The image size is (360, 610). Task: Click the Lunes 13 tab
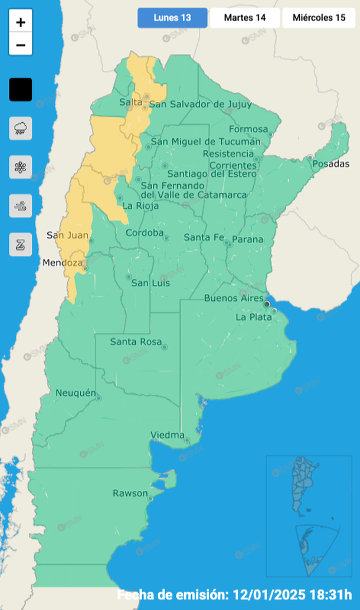(172, 18)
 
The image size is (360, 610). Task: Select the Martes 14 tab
(245, 18)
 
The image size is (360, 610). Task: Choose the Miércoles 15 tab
(319, 18)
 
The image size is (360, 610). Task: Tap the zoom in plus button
(21, 22)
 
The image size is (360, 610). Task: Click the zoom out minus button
(21, 45)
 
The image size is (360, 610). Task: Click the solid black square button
(21, 90)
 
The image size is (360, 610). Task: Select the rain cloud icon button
(21, 128)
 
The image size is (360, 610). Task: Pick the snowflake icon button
(21, 167)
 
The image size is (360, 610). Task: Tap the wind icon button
(21, 206)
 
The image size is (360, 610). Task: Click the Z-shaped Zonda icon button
(21, 244)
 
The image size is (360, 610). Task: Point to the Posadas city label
(330, 164)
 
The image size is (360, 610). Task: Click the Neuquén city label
(75, 393)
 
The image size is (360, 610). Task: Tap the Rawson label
(130, 493)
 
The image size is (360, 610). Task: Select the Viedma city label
(168, 435)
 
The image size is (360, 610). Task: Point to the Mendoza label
(63, 263)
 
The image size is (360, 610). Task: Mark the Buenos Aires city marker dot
(267, 304)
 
